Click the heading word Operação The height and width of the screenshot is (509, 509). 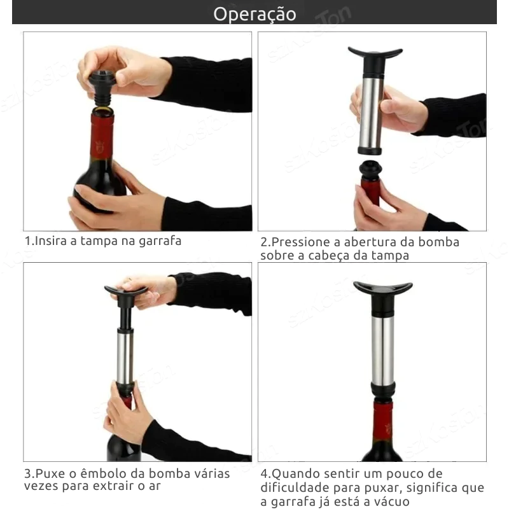coord(254,15)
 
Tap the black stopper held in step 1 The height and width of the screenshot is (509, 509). coord(101,88)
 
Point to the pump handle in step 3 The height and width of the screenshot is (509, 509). coord(126,291)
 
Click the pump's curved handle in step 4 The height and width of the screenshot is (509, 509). coord(383,288)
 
